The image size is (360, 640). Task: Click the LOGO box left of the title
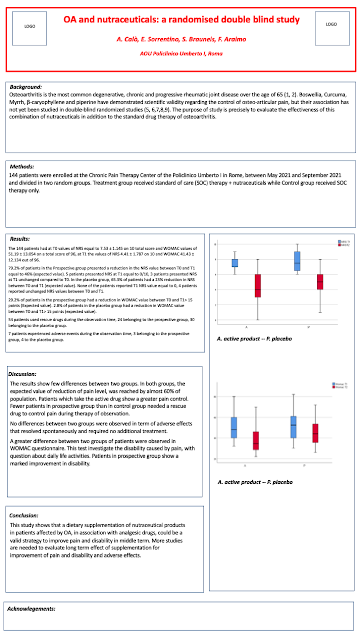click(30, 28)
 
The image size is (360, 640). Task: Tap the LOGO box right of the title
click(332, 28)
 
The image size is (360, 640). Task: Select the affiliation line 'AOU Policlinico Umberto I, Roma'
click(181, 54)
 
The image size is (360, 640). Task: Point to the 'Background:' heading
click(26, 87)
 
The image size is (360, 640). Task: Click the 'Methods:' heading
click(22, 167)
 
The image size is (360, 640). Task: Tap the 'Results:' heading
click(20, 239)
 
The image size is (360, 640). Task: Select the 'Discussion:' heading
click(22, 374)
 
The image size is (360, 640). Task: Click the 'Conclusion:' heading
click(24, 515)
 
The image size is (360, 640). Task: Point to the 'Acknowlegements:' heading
click(31, 609)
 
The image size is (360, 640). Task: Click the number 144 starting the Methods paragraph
click(13, 175)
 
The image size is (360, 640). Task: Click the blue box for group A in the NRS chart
click(235, 263)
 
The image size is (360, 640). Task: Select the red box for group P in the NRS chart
click(320, 282)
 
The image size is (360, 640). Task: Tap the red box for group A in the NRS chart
click(258, 285)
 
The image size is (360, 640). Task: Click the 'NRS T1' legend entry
click(344, 242)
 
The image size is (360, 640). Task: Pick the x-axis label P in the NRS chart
click(309, 327)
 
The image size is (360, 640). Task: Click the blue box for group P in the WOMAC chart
click(293, 427)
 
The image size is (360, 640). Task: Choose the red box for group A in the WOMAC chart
click(256, 441)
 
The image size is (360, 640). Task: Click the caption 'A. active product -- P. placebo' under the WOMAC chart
click(255, 482)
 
